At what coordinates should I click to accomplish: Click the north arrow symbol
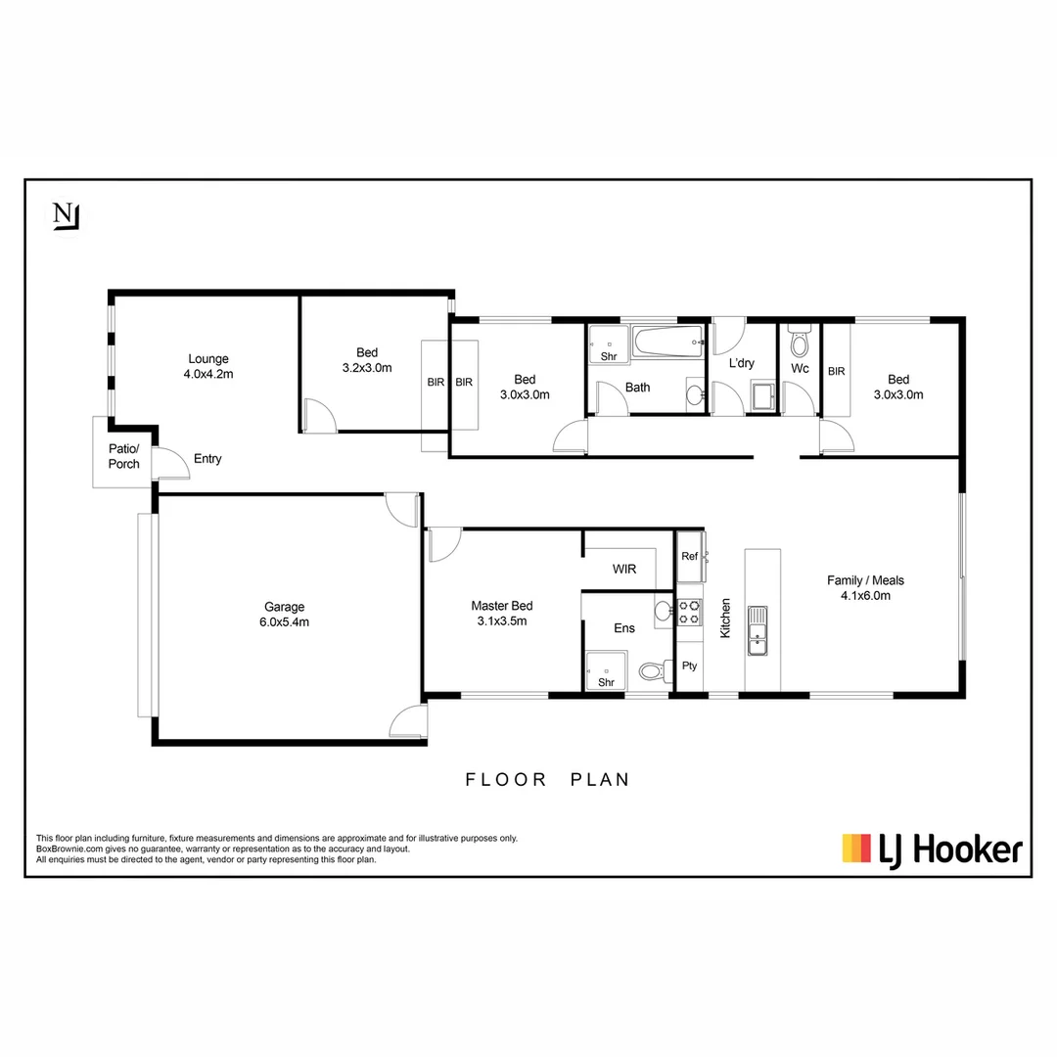coord(67,216)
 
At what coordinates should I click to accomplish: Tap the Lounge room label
coord(208,366)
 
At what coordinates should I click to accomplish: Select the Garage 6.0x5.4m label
coord(283,614)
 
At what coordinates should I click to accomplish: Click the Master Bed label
coord(502,613)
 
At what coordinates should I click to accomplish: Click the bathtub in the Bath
coord(667,343)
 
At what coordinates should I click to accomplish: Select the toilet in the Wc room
coord(800,342)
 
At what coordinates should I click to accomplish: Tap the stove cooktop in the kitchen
coord(690,612)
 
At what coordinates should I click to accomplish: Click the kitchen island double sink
coord(757,630)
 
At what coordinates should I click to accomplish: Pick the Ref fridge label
coord(689,556)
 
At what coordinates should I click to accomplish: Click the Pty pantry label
coord(689,666)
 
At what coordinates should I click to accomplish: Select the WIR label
coord(625,569)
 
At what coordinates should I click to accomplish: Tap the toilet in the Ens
coord(653,672)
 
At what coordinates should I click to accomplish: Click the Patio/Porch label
coord(124,456)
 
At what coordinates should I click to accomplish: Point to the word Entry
coord(207,459)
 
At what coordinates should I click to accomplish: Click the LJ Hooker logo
coord(932,849)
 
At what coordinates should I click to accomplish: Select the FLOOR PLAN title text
coord(547,780)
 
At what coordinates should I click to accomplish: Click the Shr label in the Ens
coord(606,682)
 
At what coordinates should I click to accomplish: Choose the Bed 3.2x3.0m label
coord(367,360)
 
